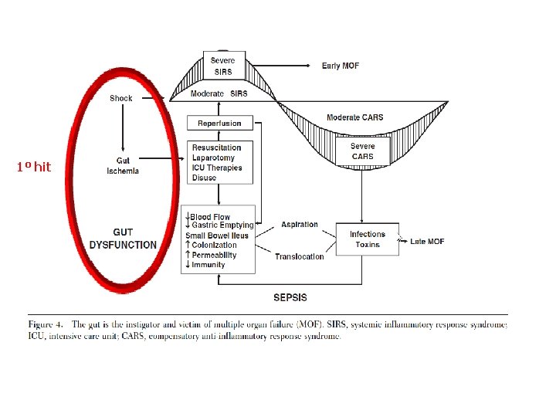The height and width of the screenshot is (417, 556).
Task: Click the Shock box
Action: (x=121, y=98)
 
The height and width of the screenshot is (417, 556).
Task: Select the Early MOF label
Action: (x=341, y=66)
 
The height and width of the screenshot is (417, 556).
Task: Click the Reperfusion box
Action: (x=219, y=123)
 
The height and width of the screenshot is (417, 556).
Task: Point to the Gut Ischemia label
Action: (x=123, y=166)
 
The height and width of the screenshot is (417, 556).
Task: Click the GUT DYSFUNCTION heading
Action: (x=123, y=239)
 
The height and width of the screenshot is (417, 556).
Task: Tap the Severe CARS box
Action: (x=362, y=151)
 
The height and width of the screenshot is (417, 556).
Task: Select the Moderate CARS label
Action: (x=354, y=117)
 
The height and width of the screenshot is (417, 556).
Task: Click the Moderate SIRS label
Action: (x=219, y=93)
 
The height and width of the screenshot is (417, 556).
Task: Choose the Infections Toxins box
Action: (x=367, y=239)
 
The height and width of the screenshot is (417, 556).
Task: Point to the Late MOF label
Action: (x=427, y=242)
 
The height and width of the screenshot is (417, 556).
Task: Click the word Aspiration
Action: (x=300, y=225)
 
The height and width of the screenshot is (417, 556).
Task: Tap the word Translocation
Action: (x=300, y=256)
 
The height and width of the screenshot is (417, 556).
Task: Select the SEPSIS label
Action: (x=290, y=297)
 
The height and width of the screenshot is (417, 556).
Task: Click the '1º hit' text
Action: (x=33, y=167)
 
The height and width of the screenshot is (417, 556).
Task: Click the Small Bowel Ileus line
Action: (x=217, y=236)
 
